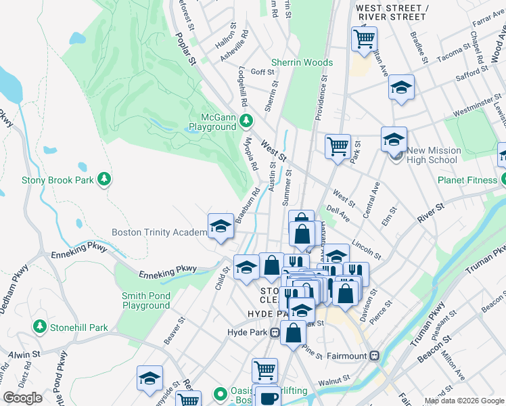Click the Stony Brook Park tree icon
103,179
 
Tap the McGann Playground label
212,122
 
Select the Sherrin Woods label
302,63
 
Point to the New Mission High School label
434,155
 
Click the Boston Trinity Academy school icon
220,227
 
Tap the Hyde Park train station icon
275,332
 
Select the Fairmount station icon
374,355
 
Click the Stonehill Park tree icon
40,328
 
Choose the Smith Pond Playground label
146,300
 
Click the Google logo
22,398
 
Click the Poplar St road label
185,48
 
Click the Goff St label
262,72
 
